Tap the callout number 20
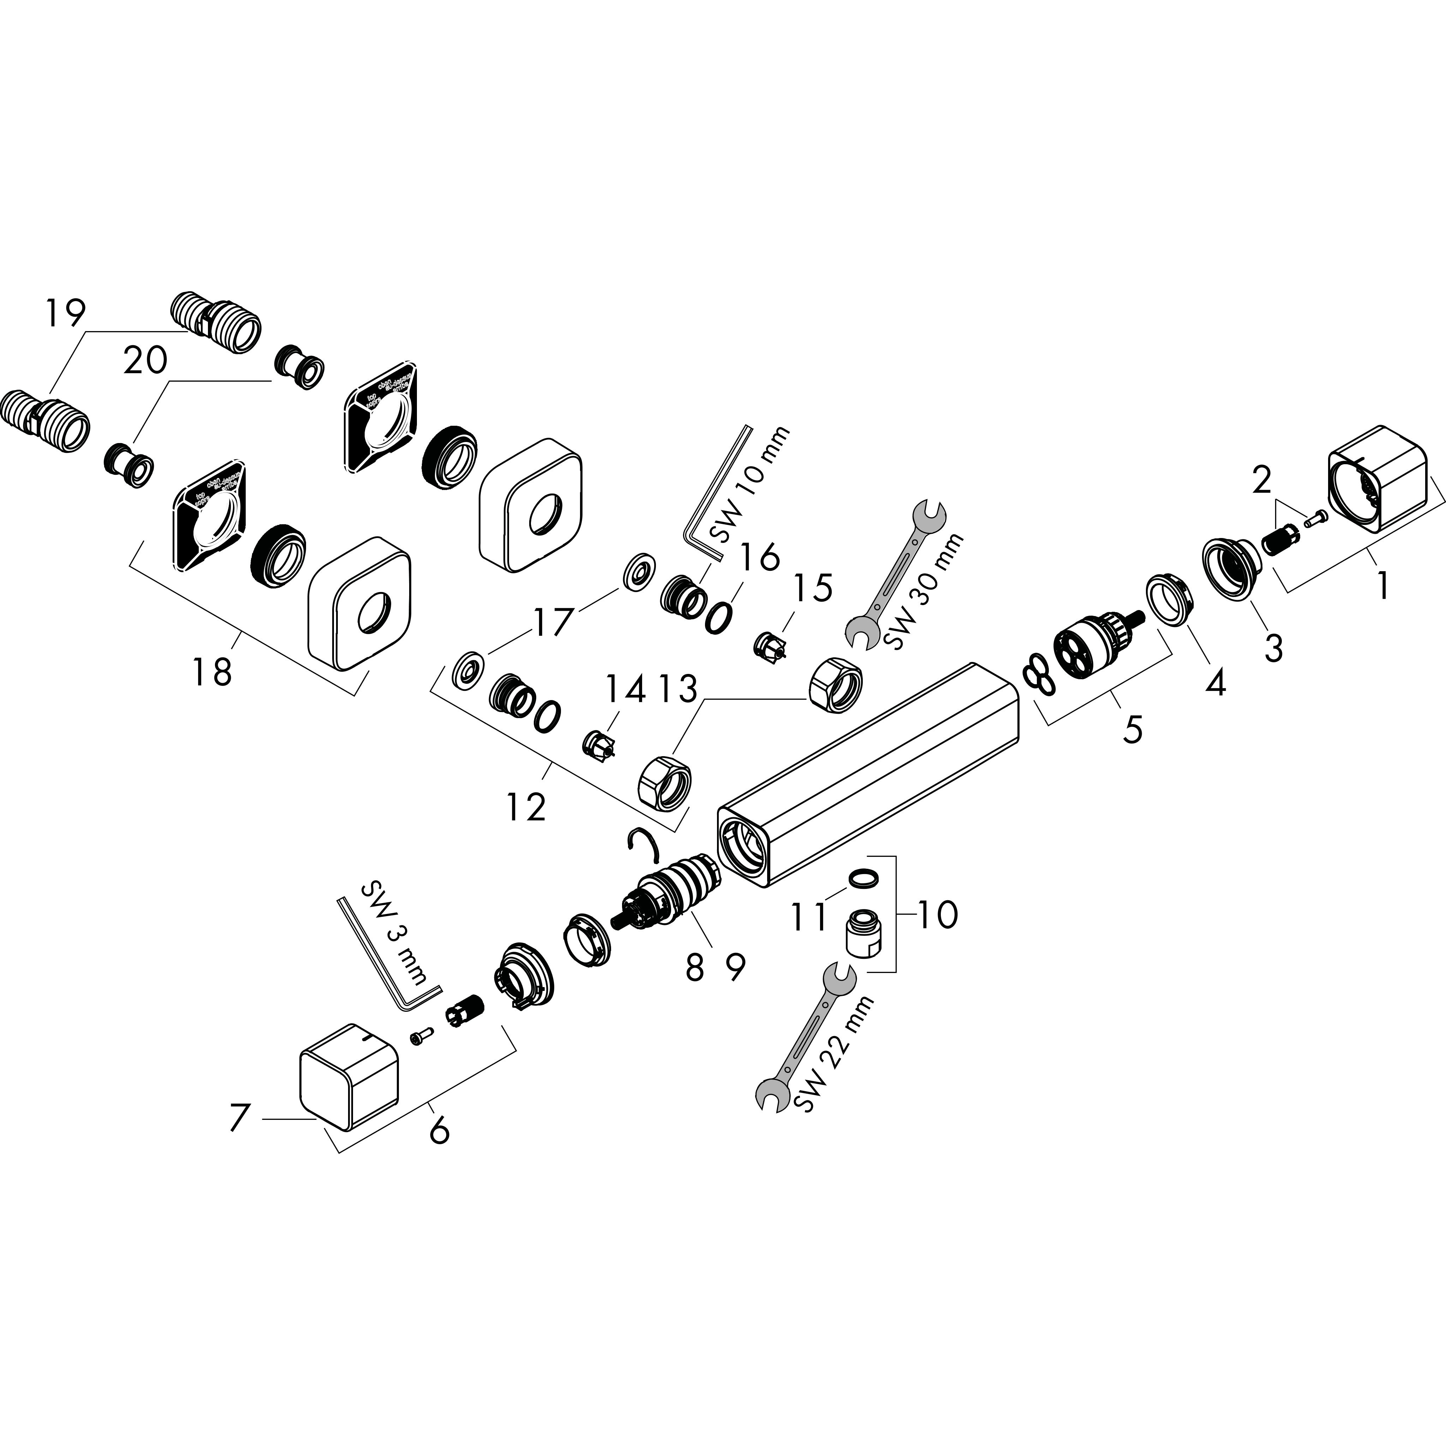click(x=145, y=361)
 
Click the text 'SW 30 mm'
click(x=922, y=591)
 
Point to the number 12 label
click(x=526, y=807)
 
